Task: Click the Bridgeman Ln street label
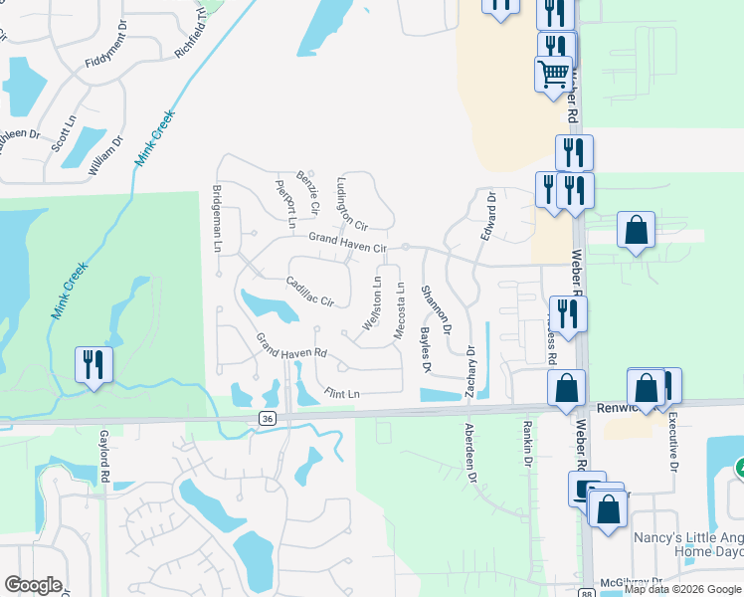[216, 218]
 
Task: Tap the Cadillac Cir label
[309, 291]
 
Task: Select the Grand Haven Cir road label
[346, 242]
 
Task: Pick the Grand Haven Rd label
[291, 346]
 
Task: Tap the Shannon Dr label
[436, 309]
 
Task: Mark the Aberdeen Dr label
[470, 452]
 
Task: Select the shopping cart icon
[553, 72]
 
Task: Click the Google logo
[34, 585]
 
